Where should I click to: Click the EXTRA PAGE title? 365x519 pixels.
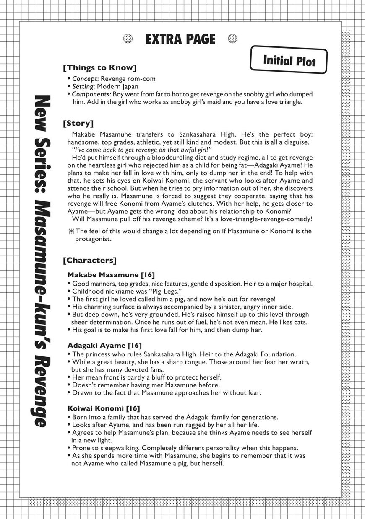[180, 39]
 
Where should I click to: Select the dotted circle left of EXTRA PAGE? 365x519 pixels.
[128, 39]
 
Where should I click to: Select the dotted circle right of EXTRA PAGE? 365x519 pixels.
[232, 39]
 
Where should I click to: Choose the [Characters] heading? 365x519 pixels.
[89, 260]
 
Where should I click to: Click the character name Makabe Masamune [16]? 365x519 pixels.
[111, 275]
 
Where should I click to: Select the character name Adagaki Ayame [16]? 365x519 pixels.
[104, 346]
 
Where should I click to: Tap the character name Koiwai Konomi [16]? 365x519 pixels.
[104, 408]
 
